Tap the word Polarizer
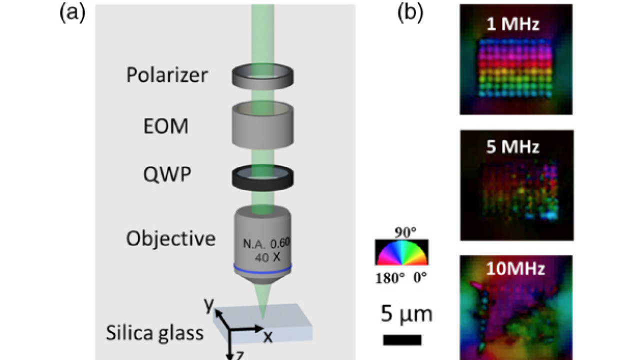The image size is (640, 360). point(167,76)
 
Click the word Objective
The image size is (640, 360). point(170,238)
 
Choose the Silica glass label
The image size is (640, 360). point(154,332)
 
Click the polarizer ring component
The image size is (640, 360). point(262,75)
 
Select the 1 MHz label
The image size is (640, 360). point(515,25)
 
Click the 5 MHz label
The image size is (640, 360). point(515,147)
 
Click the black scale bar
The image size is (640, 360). point(402,340)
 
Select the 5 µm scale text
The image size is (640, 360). point(404,315)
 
